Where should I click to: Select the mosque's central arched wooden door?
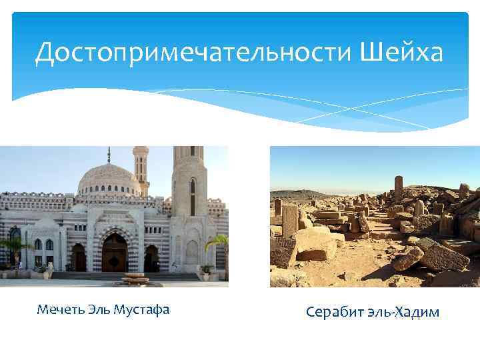click(x=115, y=254)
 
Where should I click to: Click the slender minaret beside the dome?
click(x=141, y=171)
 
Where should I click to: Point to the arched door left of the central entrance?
click(x=79, y=257)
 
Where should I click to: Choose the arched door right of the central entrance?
click(x=152, y=257)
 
